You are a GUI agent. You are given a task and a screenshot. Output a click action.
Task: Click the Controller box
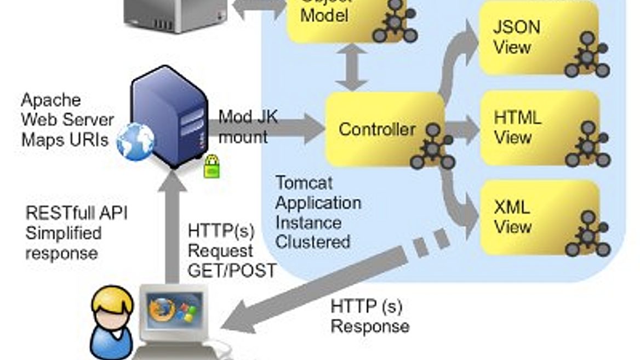(x=378, y=129)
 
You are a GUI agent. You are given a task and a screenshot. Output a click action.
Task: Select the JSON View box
(x=537, y=37)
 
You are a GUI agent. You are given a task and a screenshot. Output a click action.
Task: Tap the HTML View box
(x=537, y=128)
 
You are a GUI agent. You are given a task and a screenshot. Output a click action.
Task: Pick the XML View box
(x=537, y=217)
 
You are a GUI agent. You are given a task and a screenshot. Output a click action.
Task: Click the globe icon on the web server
(x=135, y=141)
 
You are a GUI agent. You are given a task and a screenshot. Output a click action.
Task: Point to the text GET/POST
(x=232, y=271)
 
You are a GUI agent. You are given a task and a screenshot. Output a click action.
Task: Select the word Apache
(x=50, y=100)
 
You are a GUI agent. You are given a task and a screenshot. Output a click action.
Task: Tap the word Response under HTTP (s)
(x=369, y=327)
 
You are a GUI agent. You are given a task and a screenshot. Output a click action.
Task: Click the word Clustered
(x=312, y=242)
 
